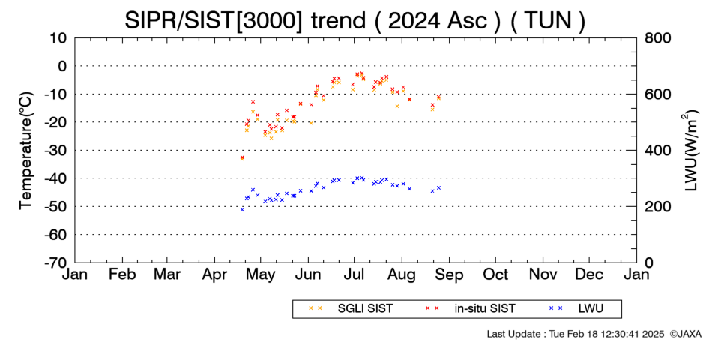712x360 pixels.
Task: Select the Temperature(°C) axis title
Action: coord(27,150)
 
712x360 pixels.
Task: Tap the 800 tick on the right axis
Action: coord(656,37)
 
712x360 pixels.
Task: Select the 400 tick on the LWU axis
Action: coord(656,150)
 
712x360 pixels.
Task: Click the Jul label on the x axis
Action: coord(355,274)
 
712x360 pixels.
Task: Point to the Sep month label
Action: coord(449,275)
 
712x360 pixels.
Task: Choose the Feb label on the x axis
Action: coord(122,274)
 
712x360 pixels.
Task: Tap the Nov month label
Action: coord(543,274)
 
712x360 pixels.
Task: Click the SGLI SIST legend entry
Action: coord(351,308)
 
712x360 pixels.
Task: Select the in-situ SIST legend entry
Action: coord(470,308)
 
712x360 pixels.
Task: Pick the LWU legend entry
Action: coord(576,308)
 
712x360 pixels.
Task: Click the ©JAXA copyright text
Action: coord(685,334)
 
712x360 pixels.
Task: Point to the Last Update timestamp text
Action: coord(576,334)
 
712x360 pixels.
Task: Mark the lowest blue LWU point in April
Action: coord(242,209)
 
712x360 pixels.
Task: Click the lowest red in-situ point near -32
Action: coord(242,157)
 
